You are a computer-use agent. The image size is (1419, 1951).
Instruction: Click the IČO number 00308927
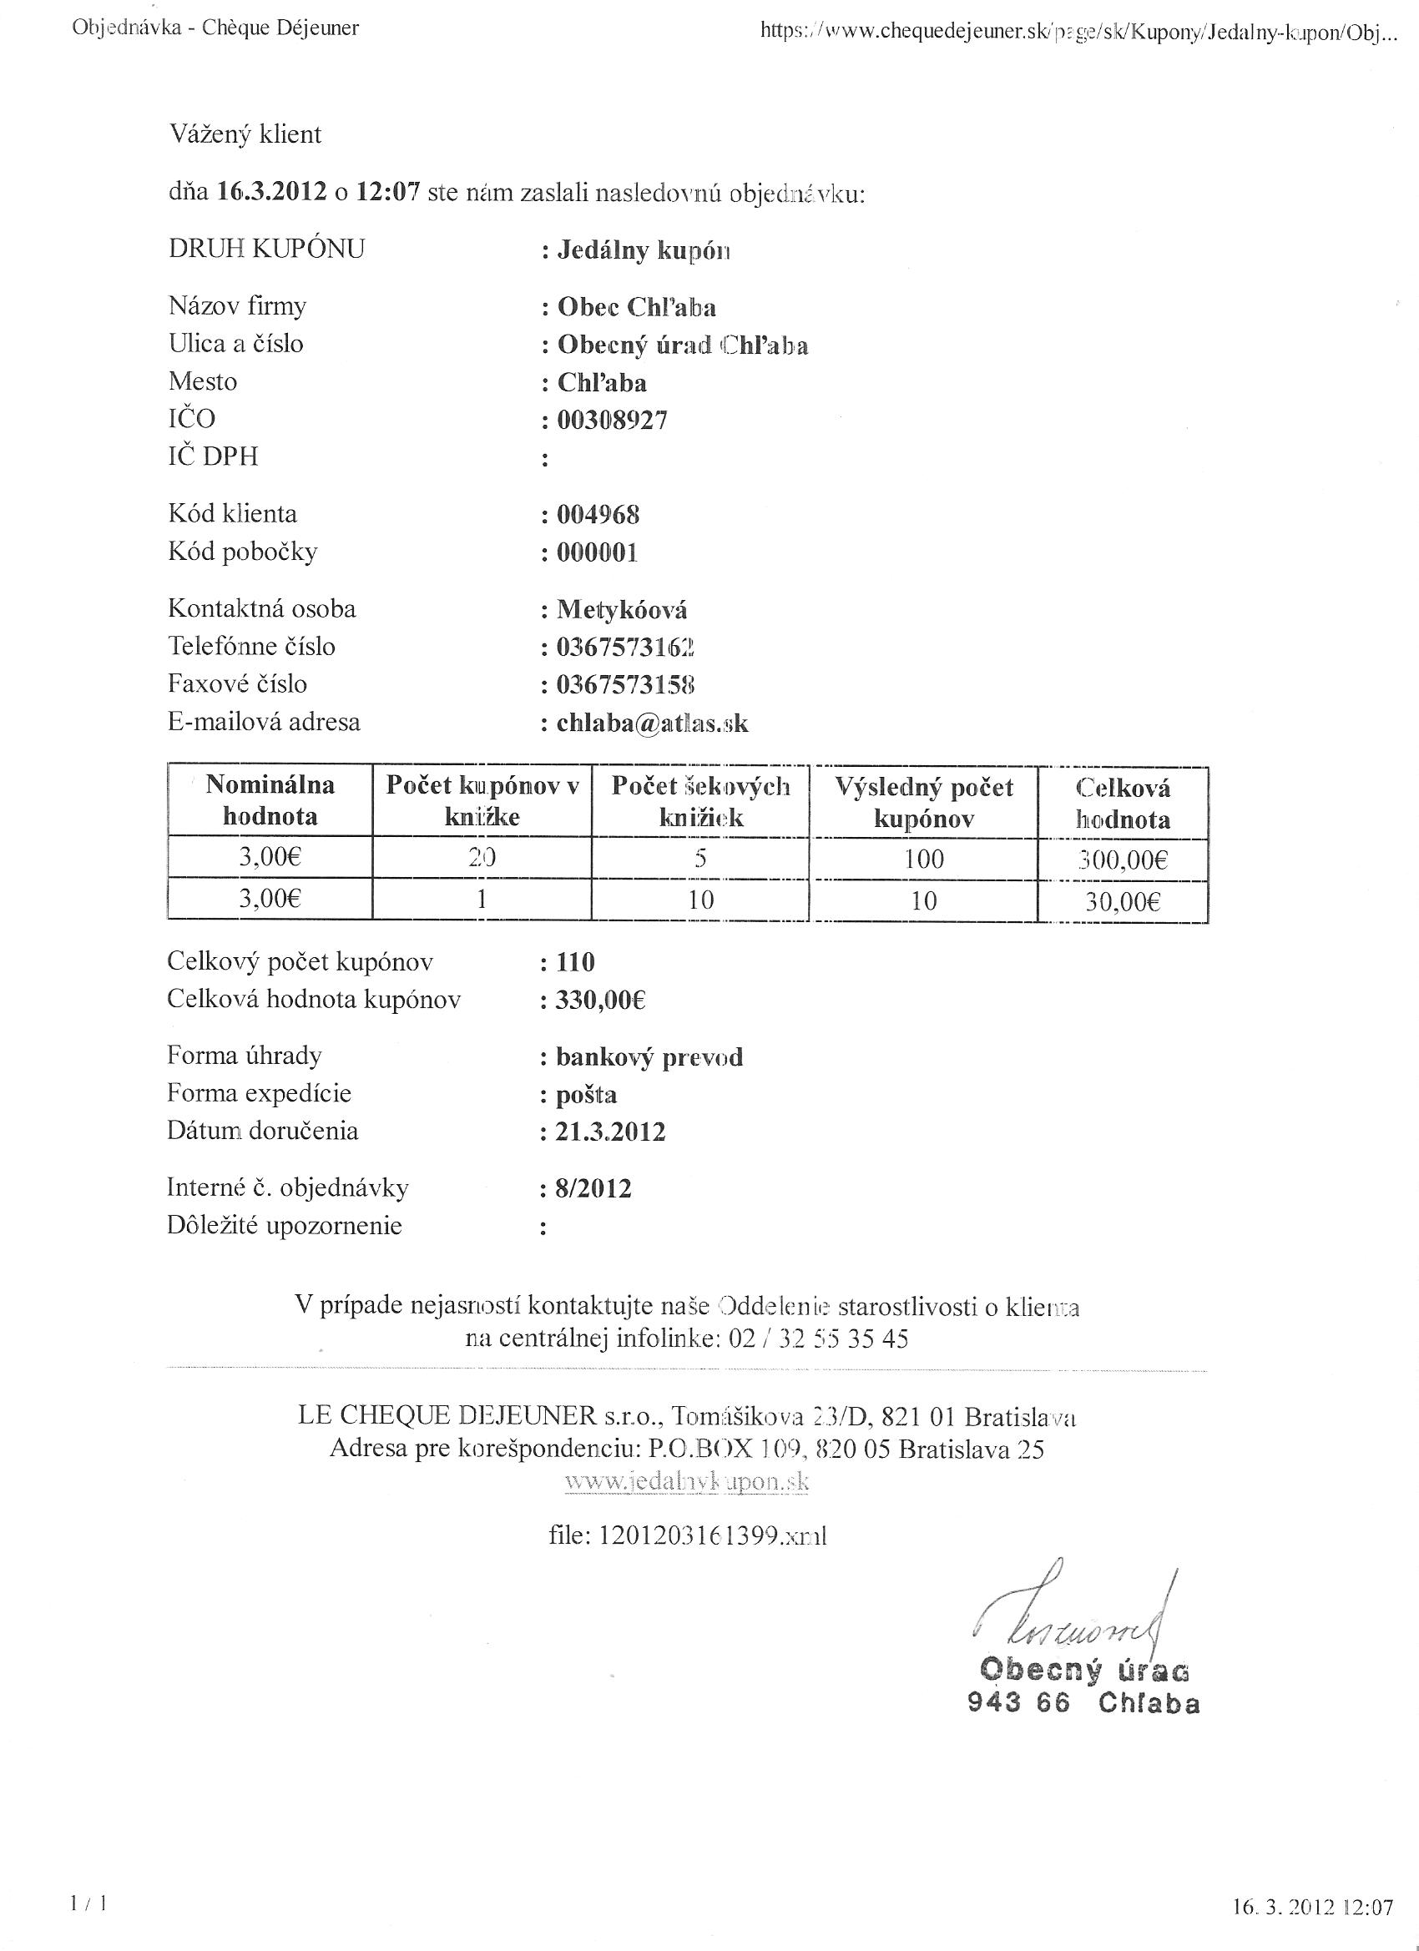click(612, 421)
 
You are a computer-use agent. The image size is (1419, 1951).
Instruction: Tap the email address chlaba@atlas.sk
click(652, 723)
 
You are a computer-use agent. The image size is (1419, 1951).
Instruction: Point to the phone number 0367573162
click(625, 648)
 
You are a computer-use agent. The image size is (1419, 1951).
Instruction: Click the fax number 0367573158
click(625, 686)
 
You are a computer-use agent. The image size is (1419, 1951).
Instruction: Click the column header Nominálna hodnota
click(270, 801)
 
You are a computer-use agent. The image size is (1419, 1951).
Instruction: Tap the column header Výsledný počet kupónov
click(923, 803)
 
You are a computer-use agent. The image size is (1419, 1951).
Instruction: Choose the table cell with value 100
click(923, 860)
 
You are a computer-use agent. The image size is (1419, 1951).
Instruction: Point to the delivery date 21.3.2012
click(610, 1132)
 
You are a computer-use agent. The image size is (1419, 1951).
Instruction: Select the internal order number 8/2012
click(593, 1190)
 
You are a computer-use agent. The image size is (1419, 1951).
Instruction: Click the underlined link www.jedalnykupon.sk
click(687, 1482)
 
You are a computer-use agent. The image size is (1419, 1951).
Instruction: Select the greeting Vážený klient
click(245, 135)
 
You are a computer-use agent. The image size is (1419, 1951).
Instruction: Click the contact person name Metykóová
click(621, 611)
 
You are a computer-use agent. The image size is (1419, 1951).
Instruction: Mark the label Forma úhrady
click(245, 1056)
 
